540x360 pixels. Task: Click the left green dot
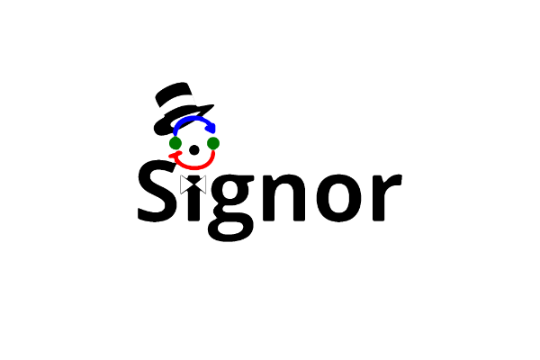(x=175, y=143)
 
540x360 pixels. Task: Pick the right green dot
(x=213, y=143)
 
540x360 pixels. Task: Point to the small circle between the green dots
(x=193, y=146)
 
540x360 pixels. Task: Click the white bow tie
(x=193, y=184)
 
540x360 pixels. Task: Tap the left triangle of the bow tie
(x=186, y=184)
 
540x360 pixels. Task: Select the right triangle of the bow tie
(x=201, y=184)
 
